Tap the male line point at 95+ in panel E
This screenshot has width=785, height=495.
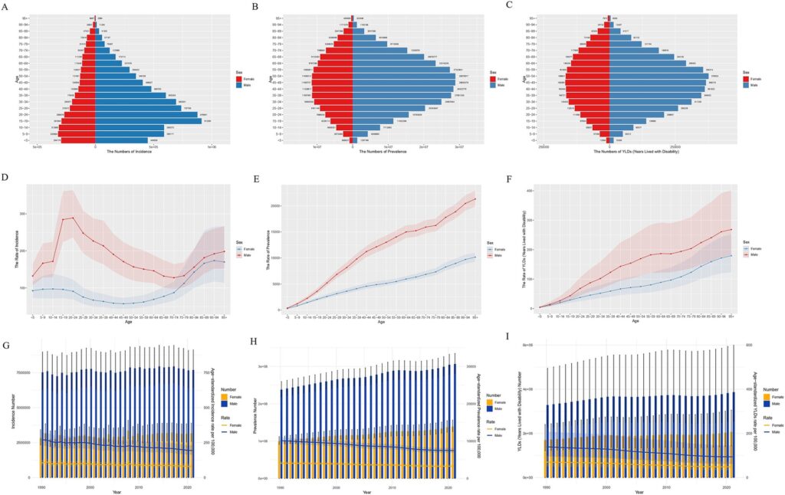(x=475, y=199)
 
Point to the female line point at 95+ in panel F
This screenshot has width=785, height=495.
(x=731, y=256)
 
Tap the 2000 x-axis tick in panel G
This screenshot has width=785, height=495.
(x=90, y=487)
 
